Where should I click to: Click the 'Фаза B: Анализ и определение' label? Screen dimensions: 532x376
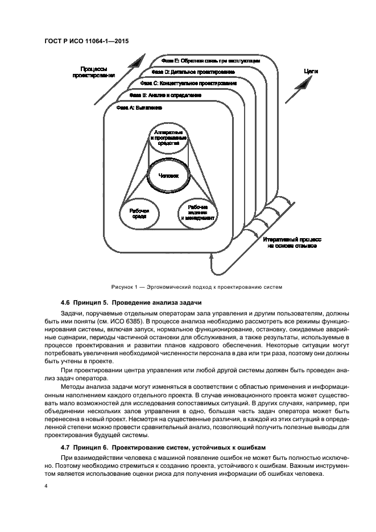click(160, 95)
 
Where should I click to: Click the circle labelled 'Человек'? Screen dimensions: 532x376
click(168, 176)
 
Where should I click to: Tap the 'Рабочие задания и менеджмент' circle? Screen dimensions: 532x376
click(198, 213)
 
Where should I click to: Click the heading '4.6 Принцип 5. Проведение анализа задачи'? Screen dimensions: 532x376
click(130, 302)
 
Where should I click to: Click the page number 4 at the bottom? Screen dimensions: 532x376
click(46, 487)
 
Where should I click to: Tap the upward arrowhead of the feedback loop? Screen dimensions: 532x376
click(212, 257)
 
